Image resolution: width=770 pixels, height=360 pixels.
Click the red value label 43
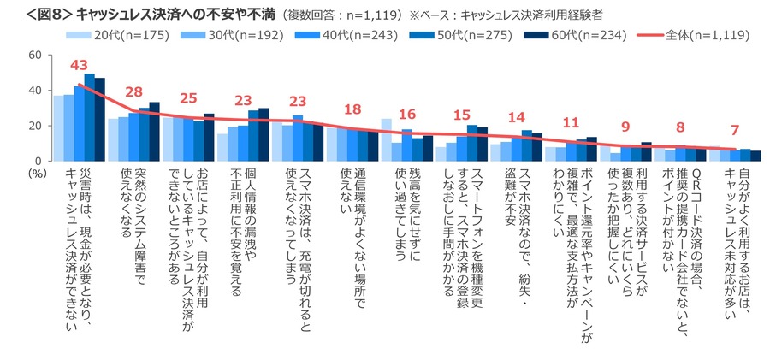point(80,65)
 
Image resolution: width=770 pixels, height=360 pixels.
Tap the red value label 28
point(133,91)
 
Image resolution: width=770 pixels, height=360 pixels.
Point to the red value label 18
point(352,109)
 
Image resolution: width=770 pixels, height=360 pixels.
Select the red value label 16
point(407,114)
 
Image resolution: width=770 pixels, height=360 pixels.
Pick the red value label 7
point(734,130)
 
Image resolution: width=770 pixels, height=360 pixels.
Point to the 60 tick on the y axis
point(36,55)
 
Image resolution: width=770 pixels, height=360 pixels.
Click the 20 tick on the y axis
point(36,126)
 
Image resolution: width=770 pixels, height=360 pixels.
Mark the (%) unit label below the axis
point(35,172)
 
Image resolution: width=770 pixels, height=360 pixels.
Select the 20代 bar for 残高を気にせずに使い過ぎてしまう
point(386,139)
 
